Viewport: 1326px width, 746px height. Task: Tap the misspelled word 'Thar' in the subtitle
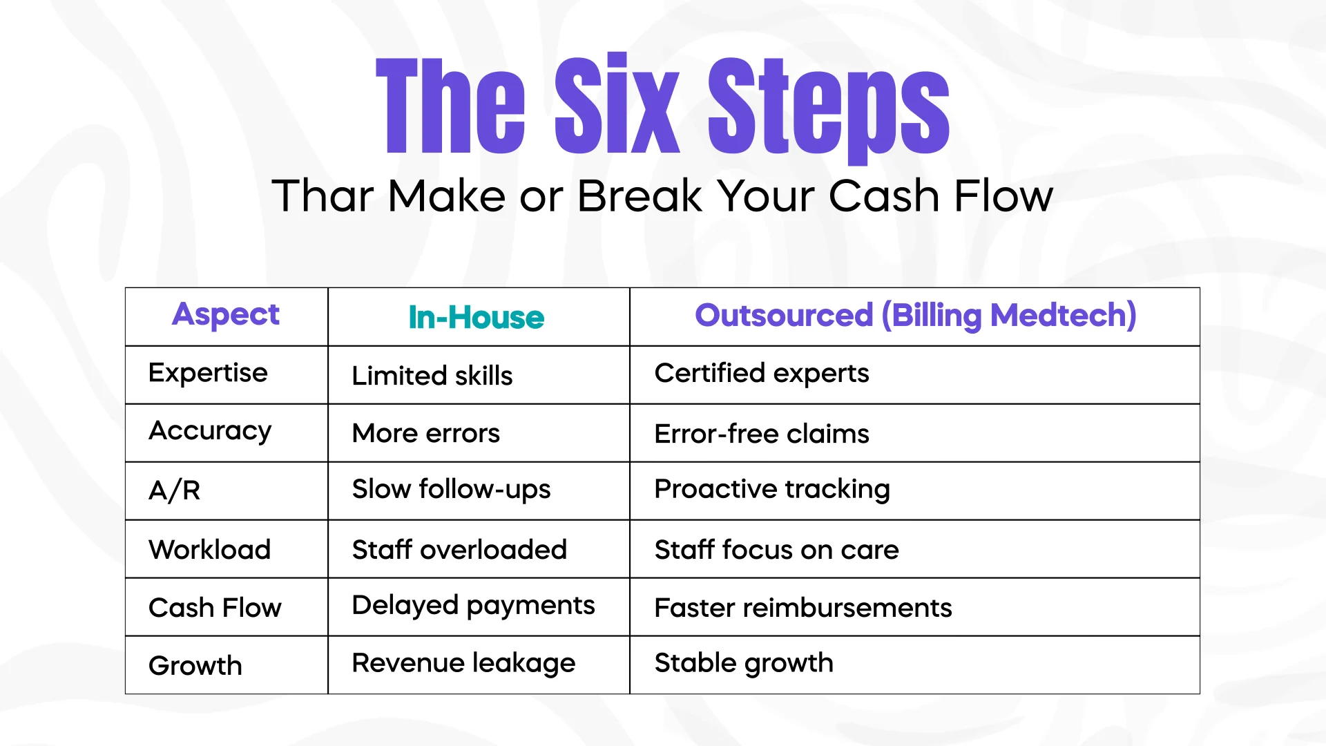coord(323,195)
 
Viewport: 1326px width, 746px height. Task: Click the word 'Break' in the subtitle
coord(640,195)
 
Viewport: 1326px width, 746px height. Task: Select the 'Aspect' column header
coord(226,315)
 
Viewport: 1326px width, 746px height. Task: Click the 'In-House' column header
coord(477,318)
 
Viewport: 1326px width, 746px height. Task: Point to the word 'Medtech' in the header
coord(1063,316)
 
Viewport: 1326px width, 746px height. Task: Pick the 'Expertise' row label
coord(208,373)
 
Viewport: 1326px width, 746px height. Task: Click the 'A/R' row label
coord(175,490)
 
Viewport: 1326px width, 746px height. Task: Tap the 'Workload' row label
coord(210,550)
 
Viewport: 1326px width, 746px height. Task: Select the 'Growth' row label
coord(195,666)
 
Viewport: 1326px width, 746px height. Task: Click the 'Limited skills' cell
coord(432,376)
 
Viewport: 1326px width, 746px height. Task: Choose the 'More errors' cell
coord(426,434)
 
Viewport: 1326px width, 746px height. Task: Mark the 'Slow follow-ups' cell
coord(452,490)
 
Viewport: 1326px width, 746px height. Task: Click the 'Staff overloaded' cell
coord(460,550)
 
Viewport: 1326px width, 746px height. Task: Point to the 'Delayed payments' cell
coord(474,606)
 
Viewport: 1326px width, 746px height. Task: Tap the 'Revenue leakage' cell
coord(464,664)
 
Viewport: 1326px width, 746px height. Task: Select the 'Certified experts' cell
coord(762,374)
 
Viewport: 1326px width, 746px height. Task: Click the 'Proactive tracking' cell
coord(772,490)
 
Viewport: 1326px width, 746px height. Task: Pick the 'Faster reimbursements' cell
coord(803,608)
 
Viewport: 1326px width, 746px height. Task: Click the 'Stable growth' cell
coord(744,664)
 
